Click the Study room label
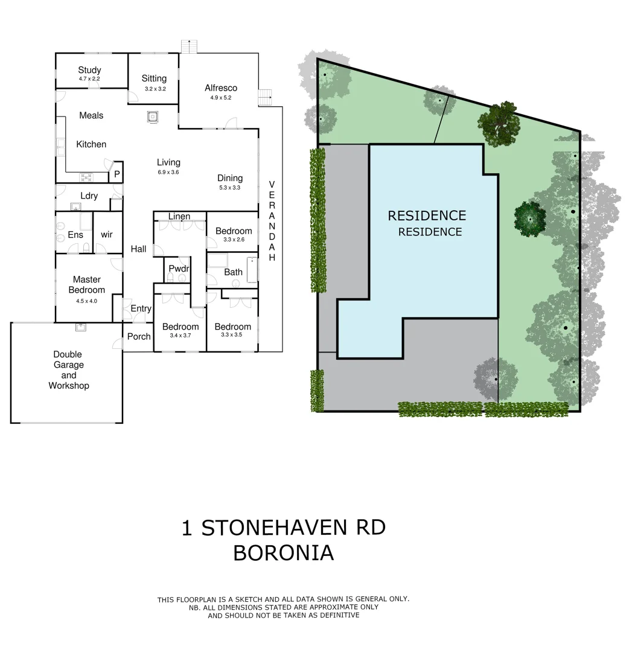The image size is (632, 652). click(x=89, y=70)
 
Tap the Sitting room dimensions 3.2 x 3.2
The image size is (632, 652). click(x=155, y=89)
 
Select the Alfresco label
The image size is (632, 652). click(x=220, y=88)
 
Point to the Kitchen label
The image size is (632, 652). click(x=91, y=144)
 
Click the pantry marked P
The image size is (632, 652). click(x=117, y=174)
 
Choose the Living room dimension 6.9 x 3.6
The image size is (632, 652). click(x=168, y=172)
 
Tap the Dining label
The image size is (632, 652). click(x=230, y=178)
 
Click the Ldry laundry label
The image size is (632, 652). click(x=89, y=196)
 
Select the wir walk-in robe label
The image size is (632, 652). click(x=107, y=234)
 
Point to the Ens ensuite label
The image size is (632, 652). click(x=75, y=234)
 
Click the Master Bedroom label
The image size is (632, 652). click(x=87, y=284)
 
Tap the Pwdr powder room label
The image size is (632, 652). click(x=179, y=268)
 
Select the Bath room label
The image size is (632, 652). click(x=233, y=272)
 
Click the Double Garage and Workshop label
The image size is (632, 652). click(x=68, y=370)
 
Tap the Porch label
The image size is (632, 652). click(x=139, y=336)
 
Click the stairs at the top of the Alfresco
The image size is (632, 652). click(x=190, y=46)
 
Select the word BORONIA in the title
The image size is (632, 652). click(x=283, y=552)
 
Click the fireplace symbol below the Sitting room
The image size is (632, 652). click(x=153, y=117)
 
